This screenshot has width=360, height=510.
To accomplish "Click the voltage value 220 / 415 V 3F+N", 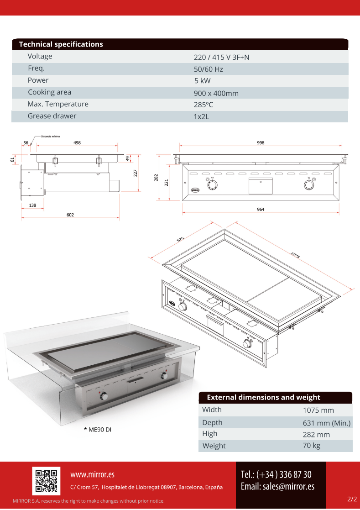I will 221,57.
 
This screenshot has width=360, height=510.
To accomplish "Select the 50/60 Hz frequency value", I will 208,69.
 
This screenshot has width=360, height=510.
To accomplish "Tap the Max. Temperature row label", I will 58,104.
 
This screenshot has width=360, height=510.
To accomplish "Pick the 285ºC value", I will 203,105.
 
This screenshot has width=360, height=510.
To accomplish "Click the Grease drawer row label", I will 52,116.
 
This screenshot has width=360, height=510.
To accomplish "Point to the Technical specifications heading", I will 61,44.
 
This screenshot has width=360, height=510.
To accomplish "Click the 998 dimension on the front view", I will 261,143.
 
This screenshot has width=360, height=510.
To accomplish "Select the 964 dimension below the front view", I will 261,209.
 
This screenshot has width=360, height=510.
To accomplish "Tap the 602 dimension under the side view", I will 70,215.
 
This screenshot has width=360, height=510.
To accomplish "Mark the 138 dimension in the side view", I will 32,205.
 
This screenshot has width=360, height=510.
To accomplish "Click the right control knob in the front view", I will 309,185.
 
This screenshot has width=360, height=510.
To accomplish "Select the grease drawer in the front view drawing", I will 260,185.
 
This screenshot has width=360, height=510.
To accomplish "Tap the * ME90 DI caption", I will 97,430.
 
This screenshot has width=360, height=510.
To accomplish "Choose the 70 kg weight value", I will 311,445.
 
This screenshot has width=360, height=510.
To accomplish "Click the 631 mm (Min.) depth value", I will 327,423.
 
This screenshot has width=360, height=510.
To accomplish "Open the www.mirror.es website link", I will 92,475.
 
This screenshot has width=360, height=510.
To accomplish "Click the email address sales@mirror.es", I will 277,486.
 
